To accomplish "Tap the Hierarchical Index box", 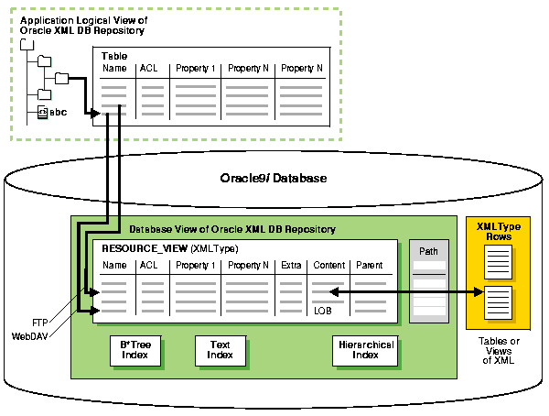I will pyautogui.click(x=365, y=350).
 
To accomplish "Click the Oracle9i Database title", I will pyautogui.click(x=274, y=179).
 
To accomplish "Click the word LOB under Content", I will pyautogui.click(x=322, y=311).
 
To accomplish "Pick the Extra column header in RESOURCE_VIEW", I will pyautogui.click(x=291, y=266).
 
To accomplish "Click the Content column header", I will pyautogui.click(x=328, y=266).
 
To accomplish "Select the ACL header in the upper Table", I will pyautogui.click(x=148, y=69).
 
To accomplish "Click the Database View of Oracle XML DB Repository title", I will pyautogui.click(x=232, y=228).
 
